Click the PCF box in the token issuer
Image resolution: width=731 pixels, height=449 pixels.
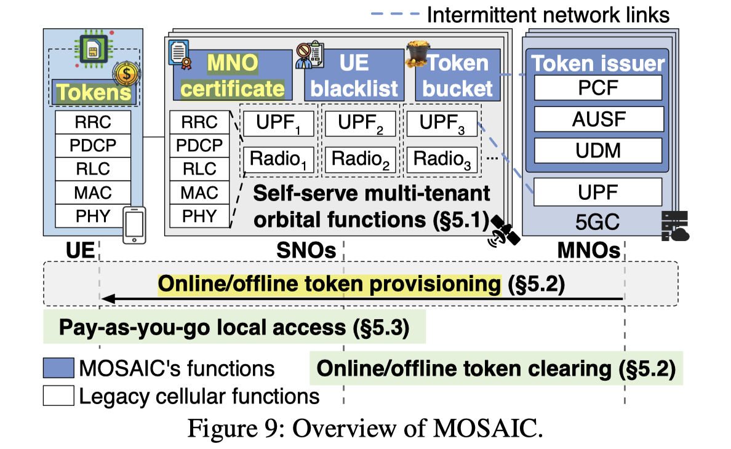[597, 87]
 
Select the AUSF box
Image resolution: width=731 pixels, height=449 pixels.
[597, 119]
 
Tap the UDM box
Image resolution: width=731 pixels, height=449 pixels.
[597, 151]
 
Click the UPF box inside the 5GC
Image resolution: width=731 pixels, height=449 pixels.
[597, 191]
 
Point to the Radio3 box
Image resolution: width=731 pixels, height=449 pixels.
[441, 159]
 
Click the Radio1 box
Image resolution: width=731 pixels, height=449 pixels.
[278, 159]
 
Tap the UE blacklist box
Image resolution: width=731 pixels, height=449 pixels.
[352, 76]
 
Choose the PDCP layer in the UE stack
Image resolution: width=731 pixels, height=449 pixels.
[93, 145]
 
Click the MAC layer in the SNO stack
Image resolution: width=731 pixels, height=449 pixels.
[199, 193]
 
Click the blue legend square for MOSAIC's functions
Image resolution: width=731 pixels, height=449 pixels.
[58, 368]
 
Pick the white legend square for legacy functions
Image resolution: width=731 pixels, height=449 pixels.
[58, 395]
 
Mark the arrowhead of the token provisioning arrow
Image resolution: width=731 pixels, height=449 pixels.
[107, 299]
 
